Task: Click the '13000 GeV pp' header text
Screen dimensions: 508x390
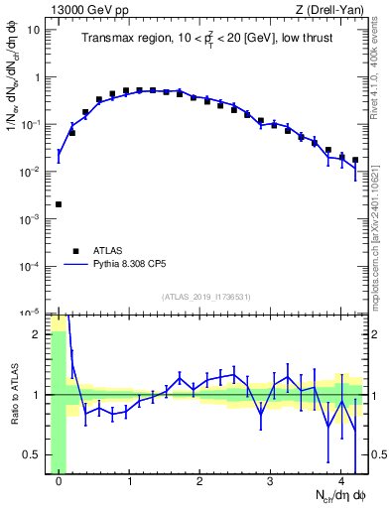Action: (92, 9)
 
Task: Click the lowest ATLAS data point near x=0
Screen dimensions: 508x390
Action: (59, 204)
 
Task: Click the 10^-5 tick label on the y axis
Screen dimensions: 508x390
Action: (31, 313)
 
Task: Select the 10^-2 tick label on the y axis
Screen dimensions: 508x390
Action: (31, 172)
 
